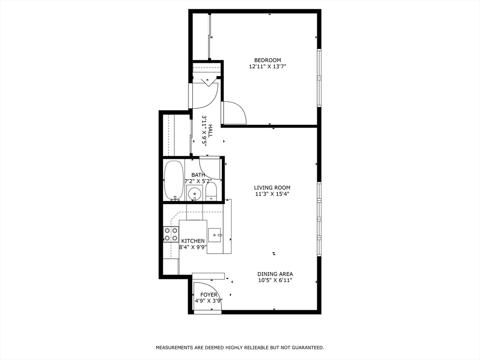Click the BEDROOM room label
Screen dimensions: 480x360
click(267, 60)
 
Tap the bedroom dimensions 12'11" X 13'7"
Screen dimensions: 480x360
click(267, 67)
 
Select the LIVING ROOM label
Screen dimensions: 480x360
click(272, 187)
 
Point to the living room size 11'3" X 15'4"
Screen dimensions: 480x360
click(272, 194)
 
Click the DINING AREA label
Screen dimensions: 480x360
click(275, 274)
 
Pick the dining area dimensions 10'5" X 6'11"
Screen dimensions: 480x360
click(275, 280)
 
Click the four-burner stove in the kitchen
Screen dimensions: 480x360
click(171, 234)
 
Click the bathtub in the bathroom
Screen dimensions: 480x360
click(173, 180)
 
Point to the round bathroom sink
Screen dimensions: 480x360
click(194, 194)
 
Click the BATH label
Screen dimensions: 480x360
click(198, 175)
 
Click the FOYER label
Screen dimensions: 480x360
click(209, 295)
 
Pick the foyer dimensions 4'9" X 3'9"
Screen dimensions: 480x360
click(209, 300)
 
